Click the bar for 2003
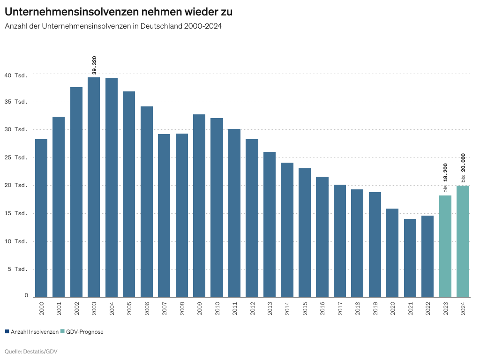point(94,187)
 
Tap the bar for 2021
point(410,258)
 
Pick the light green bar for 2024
point(463,241)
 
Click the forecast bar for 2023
point(445,246)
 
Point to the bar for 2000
point(41,218)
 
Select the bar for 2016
point(322,237)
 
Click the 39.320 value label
point(94,65)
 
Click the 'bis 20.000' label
point(463,168)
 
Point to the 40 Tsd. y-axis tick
point(16,75)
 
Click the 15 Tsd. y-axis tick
point(16,213)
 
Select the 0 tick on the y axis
point(26,296)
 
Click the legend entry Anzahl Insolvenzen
point(31,332)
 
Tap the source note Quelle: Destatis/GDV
point(31,351)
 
